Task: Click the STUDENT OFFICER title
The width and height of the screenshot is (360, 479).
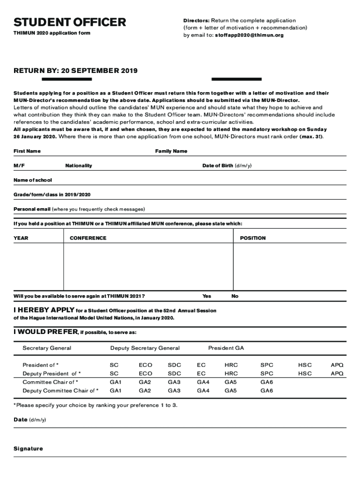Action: tap(70, 22)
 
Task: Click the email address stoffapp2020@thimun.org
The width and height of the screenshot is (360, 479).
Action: tap(249, 35)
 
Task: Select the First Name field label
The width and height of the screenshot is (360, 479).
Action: tap(27, 151)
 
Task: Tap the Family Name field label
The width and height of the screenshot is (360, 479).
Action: tap(171, 151)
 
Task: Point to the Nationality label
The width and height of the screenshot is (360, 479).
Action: tap(79, 166)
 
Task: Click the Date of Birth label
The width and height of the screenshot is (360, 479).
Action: tap(227, 166)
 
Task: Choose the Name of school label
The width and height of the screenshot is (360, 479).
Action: tap(33, 180)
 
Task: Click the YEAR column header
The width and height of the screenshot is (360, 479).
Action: tap(21, 238)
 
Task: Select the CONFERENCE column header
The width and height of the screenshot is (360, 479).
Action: tap(88, 238)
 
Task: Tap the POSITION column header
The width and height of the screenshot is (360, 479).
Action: tap(252, 238)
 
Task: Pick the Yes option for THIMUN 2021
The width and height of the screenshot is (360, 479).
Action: tap(207, 296)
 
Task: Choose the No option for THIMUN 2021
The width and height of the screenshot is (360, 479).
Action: tap(235, 296)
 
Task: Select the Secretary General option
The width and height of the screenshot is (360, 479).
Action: tap(47, 348)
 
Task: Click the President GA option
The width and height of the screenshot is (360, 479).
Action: tap(226, 348)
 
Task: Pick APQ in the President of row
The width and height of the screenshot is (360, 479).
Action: tap(337, 365)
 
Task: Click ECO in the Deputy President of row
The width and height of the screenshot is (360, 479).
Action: tap(145, 374)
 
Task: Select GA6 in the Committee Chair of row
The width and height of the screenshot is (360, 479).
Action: tap(266, 382)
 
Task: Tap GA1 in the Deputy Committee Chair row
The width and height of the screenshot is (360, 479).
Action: tap(115, 391)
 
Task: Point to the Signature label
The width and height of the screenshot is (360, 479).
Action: tap(28, 449)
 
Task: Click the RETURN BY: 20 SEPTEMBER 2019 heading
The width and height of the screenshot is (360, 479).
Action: tap(75, 71)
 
